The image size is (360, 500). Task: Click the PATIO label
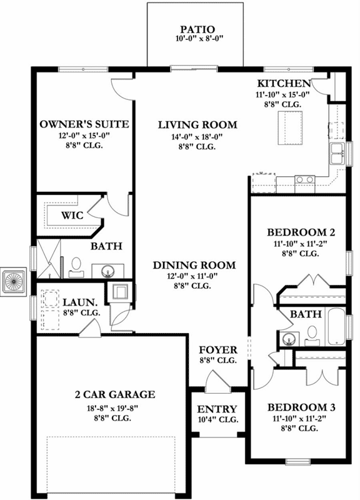(197, 29)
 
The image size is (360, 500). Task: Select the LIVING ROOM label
(187, 124)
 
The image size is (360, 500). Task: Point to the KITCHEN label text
(284, 83)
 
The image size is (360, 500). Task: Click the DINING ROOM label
(194, 265)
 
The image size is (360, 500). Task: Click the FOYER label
(217, 350)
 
